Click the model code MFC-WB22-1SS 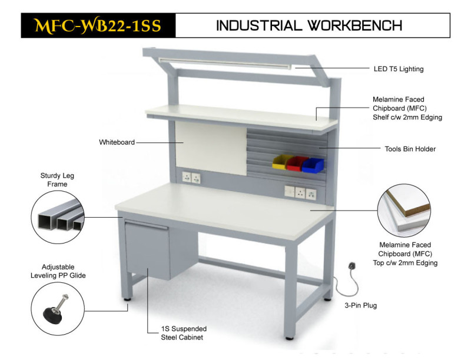tap(98, 25)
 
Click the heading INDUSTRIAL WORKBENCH tap(309, 25)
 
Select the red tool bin tap(297, 164)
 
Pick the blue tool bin tap(313, 165)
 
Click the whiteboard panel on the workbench tap(211, 148)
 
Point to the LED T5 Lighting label tap(399, 69)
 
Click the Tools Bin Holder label tap(410, 149)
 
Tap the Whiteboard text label tap(117, 142)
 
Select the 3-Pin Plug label tap(360, 305)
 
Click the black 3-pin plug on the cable tap(352, 266)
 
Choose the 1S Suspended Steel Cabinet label tap(184, 333)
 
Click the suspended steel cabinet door tap(147, 250)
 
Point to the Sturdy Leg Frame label tap(57, 179)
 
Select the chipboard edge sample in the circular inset tap(405, 210)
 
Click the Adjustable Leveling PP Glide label tap(58, 271)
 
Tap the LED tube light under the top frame tap(225, 63)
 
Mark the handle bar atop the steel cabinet tap(146, 224)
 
